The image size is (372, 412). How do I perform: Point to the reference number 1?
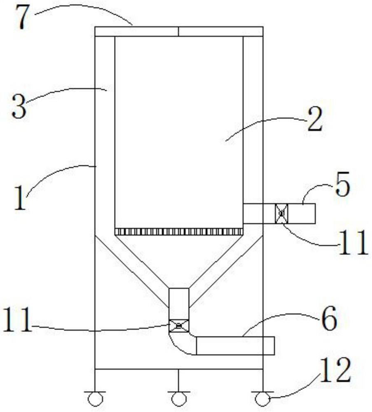pyautogui.click(x=19, y=198)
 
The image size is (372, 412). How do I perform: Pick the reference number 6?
pyautogui.click(x=329, y=320)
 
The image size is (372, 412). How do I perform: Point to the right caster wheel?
pyautogui.click(x=262, y=399)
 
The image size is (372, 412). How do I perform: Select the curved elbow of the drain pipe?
pyautogui.click(x=181, y=344)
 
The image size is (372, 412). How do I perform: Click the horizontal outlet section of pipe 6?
pyautogui.click(x=235, y=345)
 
